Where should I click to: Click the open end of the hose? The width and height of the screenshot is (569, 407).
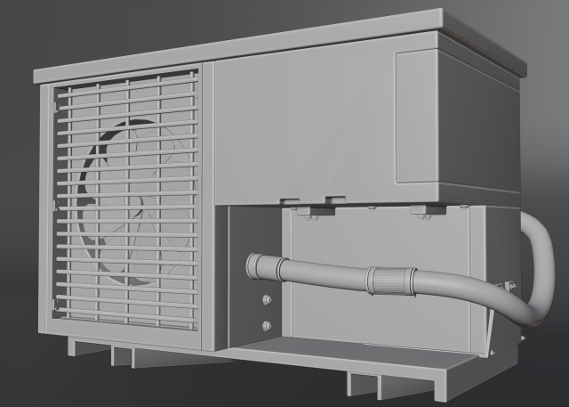pos(252,265)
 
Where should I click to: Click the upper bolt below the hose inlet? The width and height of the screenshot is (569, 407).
pos(264,300)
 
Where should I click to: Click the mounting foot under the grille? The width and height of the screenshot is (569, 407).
pos(124,355)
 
